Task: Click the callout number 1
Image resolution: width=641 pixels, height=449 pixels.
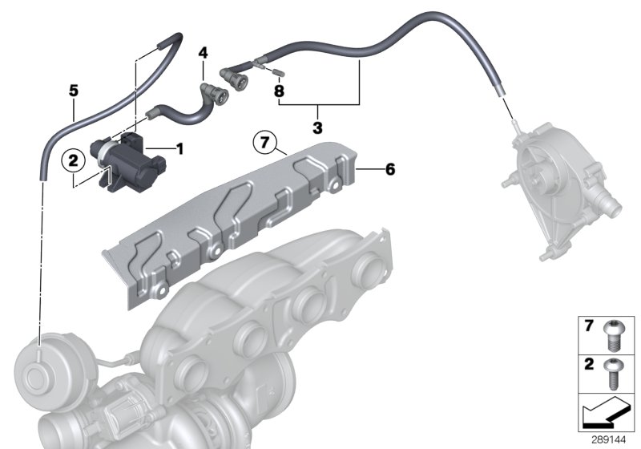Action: (x=179, y=148)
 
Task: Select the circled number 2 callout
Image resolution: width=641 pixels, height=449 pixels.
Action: (x=73, y=161)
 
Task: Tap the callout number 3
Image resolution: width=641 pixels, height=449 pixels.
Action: (x=317, y=127)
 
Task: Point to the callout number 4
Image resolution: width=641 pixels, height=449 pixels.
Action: (x=204, y=53)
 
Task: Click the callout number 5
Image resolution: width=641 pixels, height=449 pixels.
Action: (x=73, y=91)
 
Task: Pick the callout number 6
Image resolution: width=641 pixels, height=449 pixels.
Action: (x=389, y=169)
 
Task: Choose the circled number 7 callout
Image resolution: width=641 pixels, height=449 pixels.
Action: (x=264, y=144)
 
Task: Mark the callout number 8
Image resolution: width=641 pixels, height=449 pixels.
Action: (x=279, y=91)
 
